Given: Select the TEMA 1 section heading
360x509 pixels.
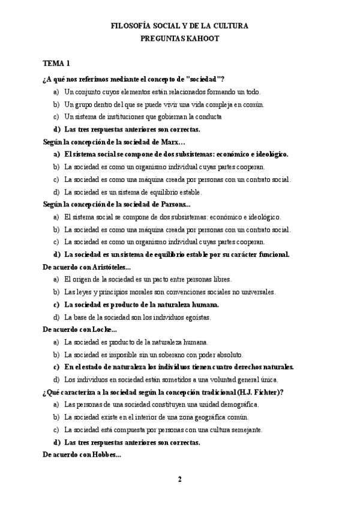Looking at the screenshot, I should (56, 63).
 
